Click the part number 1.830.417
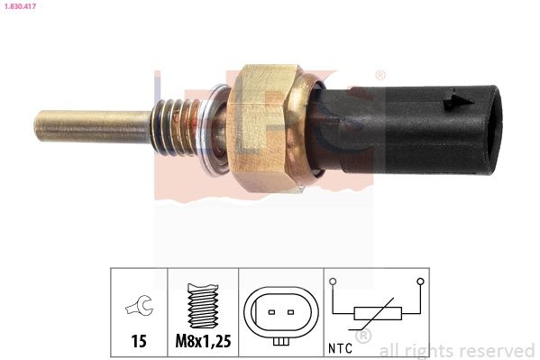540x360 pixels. [x=20, y=6]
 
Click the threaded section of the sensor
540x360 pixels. [x=175, y=127]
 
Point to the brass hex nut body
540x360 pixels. [x=261, y=128]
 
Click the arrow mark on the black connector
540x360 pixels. [x=459, y=101]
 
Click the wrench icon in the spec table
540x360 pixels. [x=139, y=306]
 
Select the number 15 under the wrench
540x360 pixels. [x=139, y=341]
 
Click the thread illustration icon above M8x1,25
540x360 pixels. [x=203, y=306]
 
